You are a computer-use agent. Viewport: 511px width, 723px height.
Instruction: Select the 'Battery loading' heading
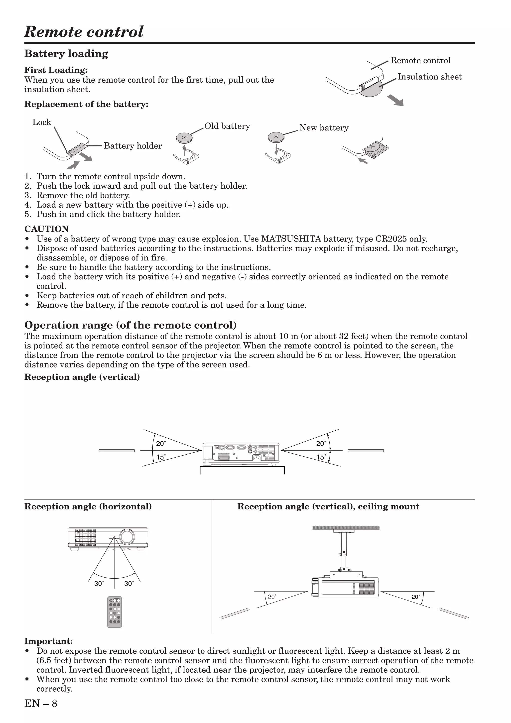click(x=66, y=54)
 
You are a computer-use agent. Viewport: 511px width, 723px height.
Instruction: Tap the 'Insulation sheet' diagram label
click(x=429, y=77)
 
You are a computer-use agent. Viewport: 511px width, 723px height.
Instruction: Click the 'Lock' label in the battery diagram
click(x=42, y=122)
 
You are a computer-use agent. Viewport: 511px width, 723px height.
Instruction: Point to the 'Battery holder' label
click(x=133, y=146)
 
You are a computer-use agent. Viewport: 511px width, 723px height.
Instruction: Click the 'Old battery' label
click(x=227, y=126)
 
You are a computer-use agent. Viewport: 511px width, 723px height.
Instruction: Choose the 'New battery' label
click(x=324, y=128)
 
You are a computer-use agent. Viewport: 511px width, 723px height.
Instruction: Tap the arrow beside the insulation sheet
click(x=395, y=101)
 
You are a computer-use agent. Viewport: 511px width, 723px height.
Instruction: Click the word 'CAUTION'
click(x=47, y=229)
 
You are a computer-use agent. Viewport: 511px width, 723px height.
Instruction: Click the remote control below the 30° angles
click(x=115, y=612)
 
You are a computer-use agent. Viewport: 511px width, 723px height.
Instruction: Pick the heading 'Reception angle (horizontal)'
click(x=88, y=507)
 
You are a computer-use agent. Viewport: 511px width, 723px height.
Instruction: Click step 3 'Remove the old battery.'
click(x=83, y=195)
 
